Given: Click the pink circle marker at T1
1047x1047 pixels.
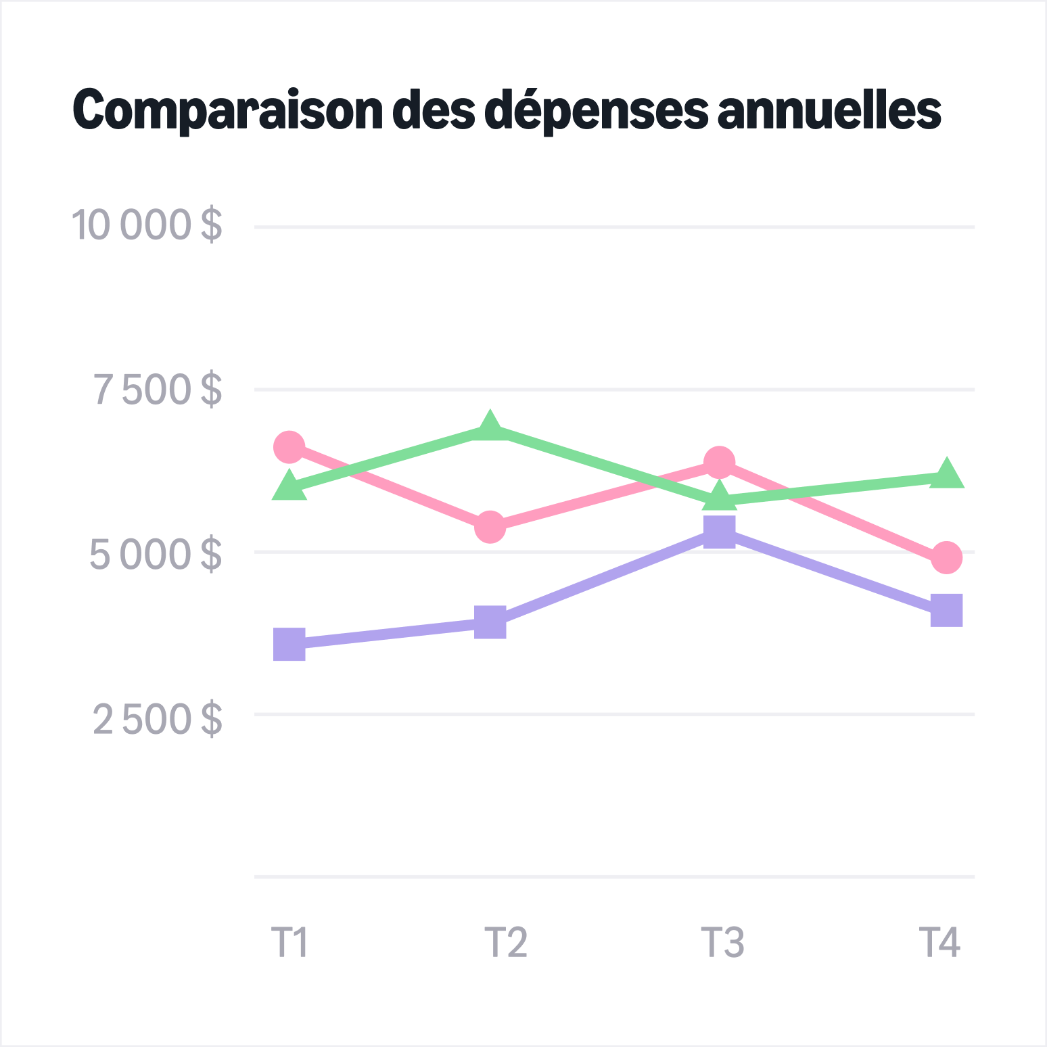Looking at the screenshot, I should point(289,447).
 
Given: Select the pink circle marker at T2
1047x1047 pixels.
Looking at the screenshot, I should point(490,527).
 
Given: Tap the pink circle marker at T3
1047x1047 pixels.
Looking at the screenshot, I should point(719,463).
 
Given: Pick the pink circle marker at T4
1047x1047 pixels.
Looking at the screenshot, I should point(946,557).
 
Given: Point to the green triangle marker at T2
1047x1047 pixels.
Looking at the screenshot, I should point(490,427).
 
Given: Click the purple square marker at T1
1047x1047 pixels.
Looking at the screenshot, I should point(289,644).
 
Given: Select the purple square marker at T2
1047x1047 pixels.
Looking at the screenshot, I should point(490,622).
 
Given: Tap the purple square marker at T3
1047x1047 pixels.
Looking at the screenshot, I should point(719,532).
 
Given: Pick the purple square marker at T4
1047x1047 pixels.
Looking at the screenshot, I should point(946,611).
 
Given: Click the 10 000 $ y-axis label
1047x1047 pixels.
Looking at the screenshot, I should point(146,225).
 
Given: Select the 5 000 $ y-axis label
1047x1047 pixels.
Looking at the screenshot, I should point(156,553).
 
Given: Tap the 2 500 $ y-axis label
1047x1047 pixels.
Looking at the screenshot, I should point(157,718).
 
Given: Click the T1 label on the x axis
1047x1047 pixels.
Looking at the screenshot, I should point(289,941).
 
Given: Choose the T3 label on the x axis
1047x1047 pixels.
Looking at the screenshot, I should point(722,941).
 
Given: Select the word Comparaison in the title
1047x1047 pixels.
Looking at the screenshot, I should point(228,110).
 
